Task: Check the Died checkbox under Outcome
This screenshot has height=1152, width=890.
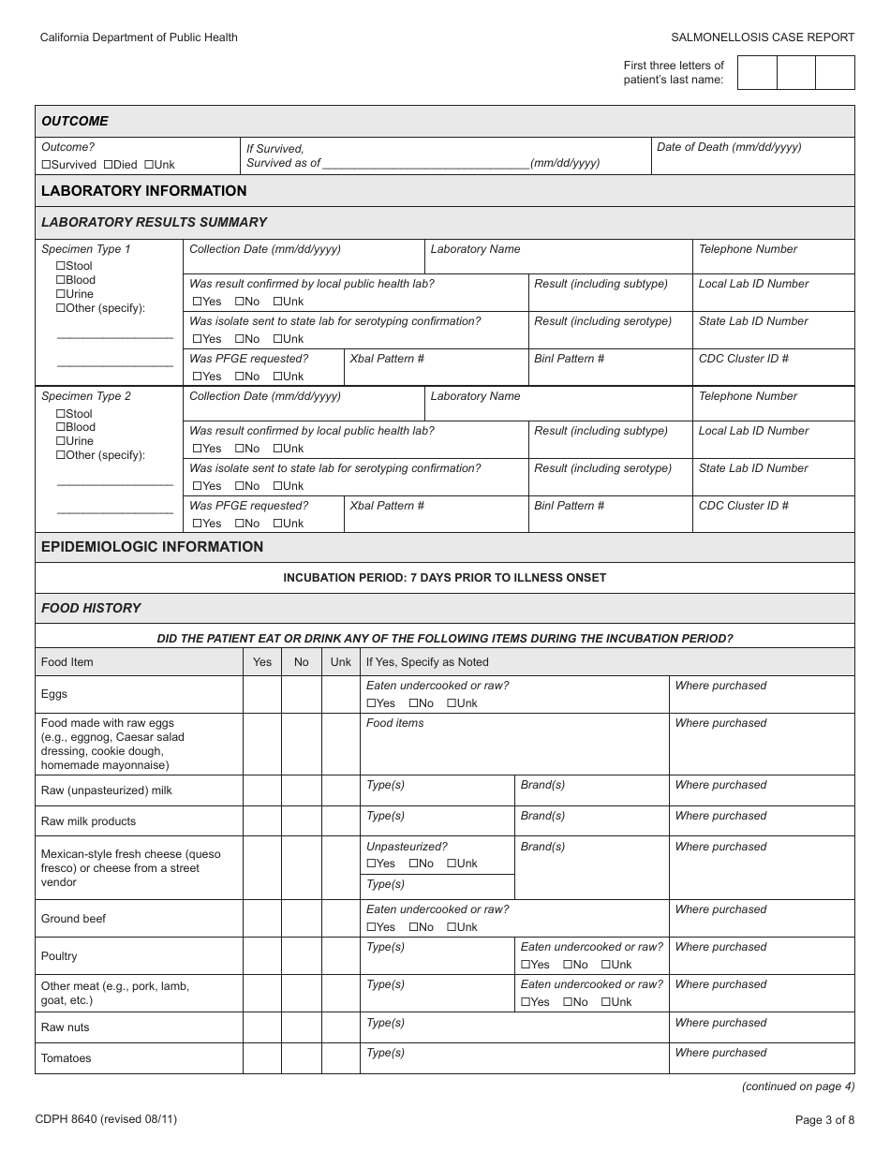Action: [108, 165]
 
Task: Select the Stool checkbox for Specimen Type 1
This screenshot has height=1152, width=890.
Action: [61, 266]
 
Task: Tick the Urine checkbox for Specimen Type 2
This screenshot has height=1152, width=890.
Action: [61, 441]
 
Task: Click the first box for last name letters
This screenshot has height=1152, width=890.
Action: [757, 73]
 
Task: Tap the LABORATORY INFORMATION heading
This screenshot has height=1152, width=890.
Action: [144, 191]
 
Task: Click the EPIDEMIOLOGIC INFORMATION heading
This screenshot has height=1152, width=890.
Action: [153, 547]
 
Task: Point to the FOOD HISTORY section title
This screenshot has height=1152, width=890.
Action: [91, 608]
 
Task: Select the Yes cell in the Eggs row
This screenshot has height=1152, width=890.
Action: [262, 694]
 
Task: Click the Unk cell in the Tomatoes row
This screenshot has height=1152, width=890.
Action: [341, 1058]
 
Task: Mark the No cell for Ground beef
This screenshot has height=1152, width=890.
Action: [301, 919]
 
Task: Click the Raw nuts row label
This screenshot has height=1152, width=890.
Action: [66, 1027]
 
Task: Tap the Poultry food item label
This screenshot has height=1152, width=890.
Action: [59, 956]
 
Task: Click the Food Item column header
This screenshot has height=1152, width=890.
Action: [67, 662]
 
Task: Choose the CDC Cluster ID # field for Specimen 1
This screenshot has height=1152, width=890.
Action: [773, 372]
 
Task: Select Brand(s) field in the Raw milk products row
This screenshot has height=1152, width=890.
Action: [591, 825]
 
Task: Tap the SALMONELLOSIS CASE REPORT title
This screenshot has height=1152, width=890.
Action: [763, 37]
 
